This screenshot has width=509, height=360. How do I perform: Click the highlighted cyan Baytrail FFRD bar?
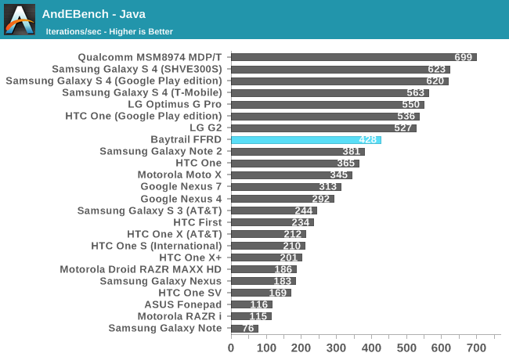pos(305,139)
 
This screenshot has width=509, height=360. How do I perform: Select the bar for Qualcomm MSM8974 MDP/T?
pos(353,57)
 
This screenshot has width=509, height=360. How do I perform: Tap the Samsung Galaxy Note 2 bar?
pos(298,151)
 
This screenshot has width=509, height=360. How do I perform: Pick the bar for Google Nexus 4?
pos(282,198)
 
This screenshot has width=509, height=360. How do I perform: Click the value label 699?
pos(464,57)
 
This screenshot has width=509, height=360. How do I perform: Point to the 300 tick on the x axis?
pos(336,347)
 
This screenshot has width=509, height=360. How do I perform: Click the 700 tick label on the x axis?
pos(476,347)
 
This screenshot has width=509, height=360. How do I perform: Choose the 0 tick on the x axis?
pos(231,347)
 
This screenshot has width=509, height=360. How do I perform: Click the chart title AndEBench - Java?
pos(93,13)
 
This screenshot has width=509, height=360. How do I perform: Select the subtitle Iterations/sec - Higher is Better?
pos(110,31)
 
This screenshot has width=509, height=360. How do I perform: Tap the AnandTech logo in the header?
pos(20,20)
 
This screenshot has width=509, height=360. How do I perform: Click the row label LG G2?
pos(205,128)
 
